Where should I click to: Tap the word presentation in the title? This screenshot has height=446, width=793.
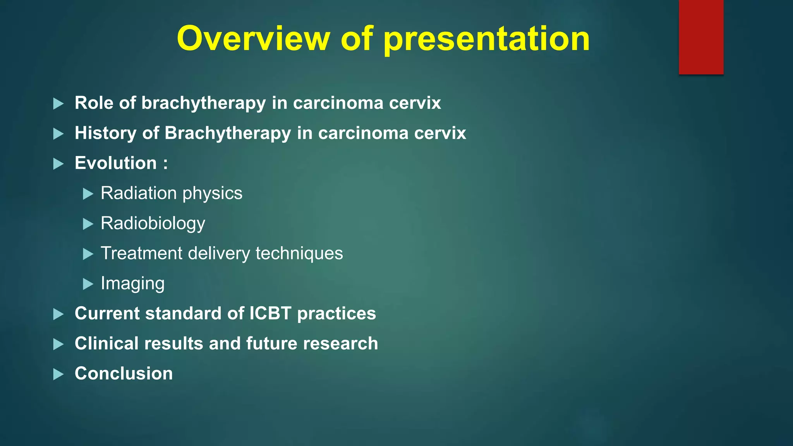pyautogui.click(x=487, y=39)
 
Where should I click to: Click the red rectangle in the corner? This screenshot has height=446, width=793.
pyautogui.click(x=701, y=37)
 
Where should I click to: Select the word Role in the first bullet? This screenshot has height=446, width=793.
pyautogui.click(x=94, y=103)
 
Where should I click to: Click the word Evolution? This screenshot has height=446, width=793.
pyautogui.click(x=116, y=163)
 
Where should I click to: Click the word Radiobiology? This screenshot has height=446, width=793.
pyautogui.click(x=153, y=223)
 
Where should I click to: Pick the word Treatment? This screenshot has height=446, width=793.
pyautogui.click(x=141, y=253)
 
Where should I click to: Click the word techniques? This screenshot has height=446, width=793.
pyautogui.click(x=299, y=253)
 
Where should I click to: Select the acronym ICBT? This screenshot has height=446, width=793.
pyautogui.click(x=270, y=313)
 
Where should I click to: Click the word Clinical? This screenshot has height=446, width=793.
pyautogui.click(x=106, y=343)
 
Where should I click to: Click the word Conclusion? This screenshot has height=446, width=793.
pyautogui.click(x=124, y=374)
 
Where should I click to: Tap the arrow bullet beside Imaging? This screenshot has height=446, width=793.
pyautogui.click(x=88, y=284)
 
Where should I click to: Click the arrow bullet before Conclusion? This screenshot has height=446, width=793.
pyautogui.click(x=58, y=374)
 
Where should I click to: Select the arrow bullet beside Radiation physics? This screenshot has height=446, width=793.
pyautogui.click(x=88, y=194)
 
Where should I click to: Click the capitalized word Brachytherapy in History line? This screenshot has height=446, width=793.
pyautogui.click(x=228, y=133)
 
